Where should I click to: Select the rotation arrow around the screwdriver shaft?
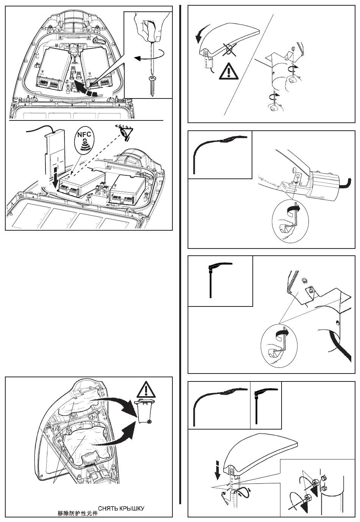[149, 57]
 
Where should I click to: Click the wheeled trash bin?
[146, 411]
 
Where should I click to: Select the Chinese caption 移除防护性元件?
[77, 513]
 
